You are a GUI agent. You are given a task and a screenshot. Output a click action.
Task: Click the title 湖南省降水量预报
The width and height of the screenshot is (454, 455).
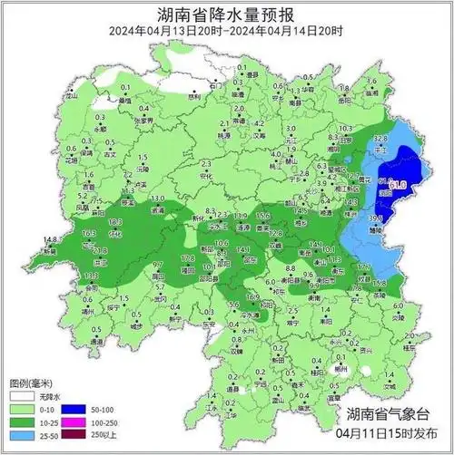tap(227, 15)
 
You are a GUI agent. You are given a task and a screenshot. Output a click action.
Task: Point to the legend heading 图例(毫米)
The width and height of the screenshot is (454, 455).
tap(32, 382)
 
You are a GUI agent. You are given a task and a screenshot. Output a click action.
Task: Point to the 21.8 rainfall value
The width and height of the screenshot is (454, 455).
tap(101, 250)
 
